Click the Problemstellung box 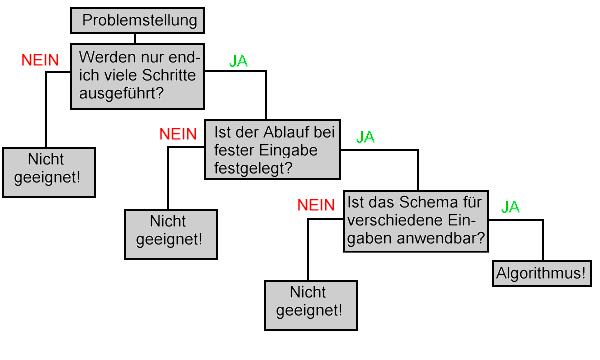coord(137,20)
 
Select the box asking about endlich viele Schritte coord(137,76)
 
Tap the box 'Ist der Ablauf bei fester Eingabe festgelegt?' coord(272,150)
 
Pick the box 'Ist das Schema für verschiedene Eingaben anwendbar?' coord(416,221)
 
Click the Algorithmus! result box coord(542,274)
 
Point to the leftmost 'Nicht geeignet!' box coord(49,173)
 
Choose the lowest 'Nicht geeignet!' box coord(311,305)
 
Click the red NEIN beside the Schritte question coord(40,60)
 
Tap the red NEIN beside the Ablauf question coord(178,134)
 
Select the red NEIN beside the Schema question coord(316,205)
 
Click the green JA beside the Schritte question coord(238,61)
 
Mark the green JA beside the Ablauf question coord(365,137)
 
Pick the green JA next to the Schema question coord(510,207)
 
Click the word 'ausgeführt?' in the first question coord(121,93)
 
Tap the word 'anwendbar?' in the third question coord(441,238)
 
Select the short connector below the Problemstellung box coord(135,39)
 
